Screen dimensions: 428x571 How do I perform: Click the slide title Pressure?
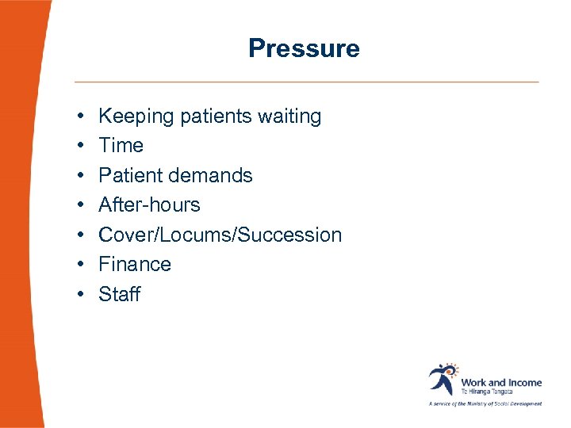(x=304, y=48)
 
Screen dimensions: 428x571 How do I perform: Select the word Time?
(x=121, y=146)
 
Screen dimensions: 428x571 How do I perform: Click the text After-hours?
(x=149, y=205)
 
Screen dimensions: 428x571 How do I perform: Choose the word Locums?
(x=209, y=235)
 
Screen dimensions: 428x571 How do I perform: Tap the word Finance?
(x=134, y=265)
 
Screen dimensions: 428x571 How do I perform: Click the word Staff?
(x=119, y=294)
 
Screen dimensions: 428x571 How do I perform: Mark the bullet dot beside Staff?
(x=82, y=295)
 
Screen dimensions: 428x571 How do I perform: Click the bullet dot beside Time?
(x=82, y=147)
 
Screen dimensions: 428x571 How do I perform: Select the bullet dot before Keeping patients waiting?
(x=82, y=117)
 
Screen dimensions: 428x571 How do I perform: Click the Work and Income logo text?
(x=501, y=382)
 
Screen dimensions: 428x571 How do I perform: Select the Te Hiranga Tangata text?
(x=487, y=392)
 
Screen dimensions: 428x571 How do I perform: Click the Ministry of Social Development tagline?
(x=485, y=403)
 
